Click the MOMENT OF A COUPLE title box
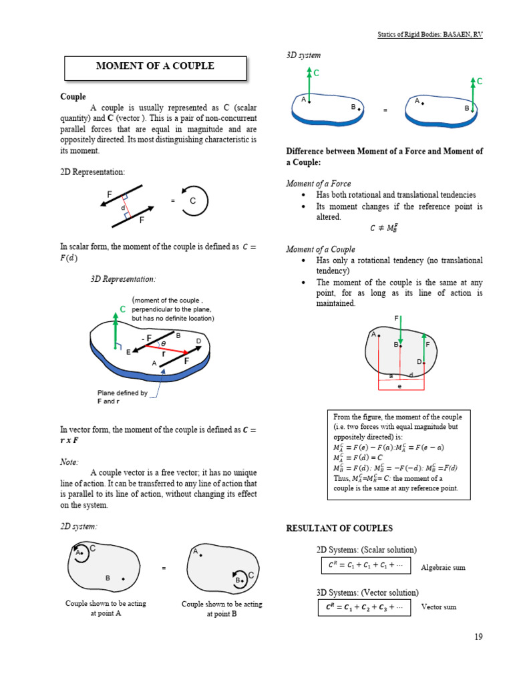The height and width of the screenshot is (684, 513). coord(155,66)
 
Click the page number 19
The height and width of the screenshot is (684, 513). coord(478,637)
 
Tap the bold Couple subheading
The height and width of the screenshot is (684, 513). coord(73,97)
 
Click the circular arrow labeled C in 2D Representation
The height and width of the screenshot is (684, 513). coord(194,200)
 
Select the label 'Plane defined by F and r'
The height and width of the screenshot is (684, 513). coord(122,397)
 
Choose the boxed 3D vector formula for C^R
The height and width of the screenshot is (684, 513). coord(363,607)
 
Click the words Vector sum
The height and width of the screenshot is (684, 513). coord(439,607)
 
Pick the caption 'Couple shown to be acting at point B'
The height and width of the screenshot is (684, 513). coord(222,609)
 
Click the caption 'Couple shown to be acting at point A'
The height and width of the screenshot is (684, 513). coord(106,608)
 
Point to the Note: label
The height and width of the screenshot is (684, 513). coord(69,462)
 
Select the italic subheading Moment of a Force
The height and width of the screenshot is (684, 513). coord(319,183)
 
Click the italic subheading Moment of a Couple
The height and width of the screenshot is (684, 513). coord(321,249)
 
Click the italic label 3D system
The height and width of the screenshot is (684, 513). coord(303,55)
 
